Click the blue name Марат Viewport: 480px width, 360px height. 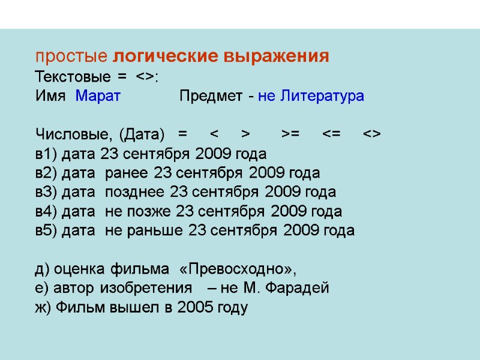pyautogui.click(x=98, y=96)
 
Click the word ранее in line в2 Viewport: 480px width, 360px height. pyautogui.click(x=127, y=173)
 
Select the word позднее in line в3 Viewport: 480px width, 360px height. pyautogui.click(x=136, y=193)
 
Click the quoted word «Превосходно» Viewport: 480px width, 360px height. pyautogui.click(x=238, y=268)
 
